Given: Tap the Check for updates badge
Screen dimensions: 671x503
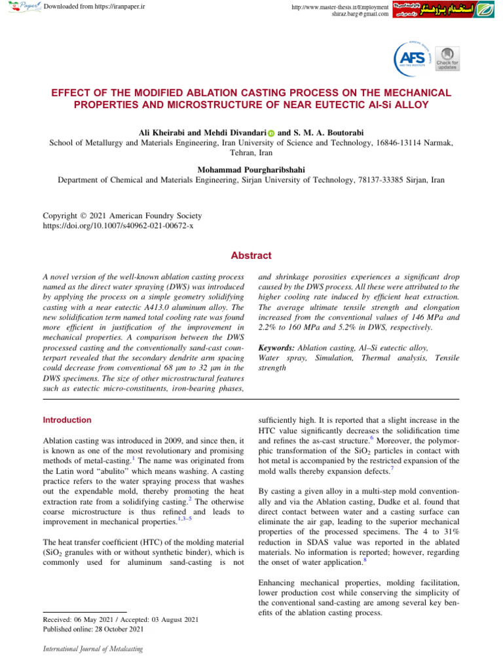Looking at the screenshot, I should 447,59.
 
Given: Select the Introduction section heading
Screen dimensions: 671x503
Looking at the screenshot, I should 67,420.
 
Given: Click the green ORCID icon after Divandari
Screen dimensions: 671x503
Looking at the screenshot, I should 271,134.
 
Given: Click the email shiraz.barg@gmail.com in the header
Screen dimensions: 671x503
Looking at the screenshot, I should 360,14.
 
